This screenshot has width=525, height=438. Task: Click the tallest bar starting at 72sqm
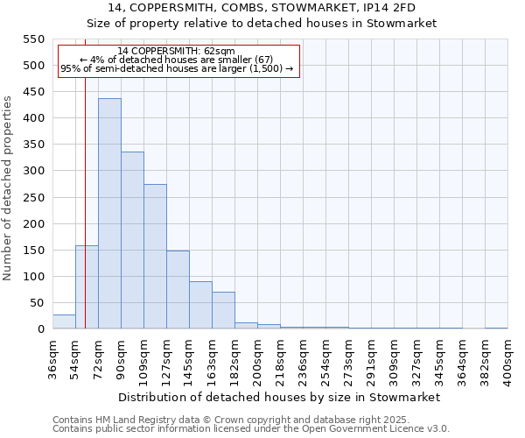pyautogui.click(x=109, y=214)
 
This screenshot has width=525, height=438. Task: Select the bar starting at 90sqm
pyautogui.click(x=132, y=240)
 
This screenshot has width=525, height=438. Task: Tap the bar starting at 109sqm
pyautogui.click(x=155, y=257)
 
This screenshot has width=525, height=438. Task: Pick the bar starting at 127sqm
pyautogui.click(x=178, y=290)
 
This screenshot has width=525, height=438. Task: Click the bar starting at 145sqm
pyautogui.click(x=200, y=305)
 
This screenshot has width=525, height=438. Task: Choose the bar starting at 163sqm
pyautogui.click(x=223, y=310)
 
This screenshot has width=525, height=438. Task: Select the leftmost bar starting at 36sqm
pyautogui.click(x=64, y=321)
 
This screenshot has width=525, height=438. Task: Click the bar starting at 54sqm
pyautogui.click(x=87, y=287)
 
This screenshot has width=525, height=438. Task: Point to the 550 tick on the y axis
pyautogui.click(x=32, y=39)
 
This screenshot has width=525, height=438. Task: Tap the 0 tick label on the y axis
pyautogui.click(x=40, y=329)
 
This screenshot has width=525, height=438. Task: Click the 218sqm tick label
pyautogui.click(x=280, y=358)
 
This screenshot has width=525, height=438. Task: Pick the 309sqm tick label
pyautogui.click(x=394, y=358)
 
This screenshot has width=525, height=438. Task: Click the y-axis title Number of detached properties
pyautogui.click(x=8, y=188)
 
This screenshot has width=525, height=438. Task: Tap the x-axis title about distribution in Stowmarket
pyautogui.click(x=278, y=397)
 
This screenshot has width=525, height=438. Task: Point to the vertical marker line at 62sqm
pyautogui.click(x=85, y=175)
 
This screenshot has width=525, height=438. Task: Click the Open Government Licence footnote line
pyautogui.click(x=251, y=428)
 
